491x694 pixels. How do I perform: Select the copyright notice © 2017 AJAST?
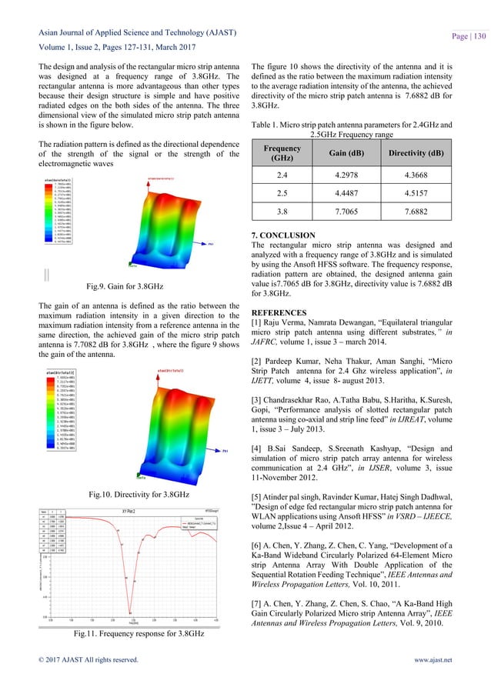pyautogui.click(x=87, y=680)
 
